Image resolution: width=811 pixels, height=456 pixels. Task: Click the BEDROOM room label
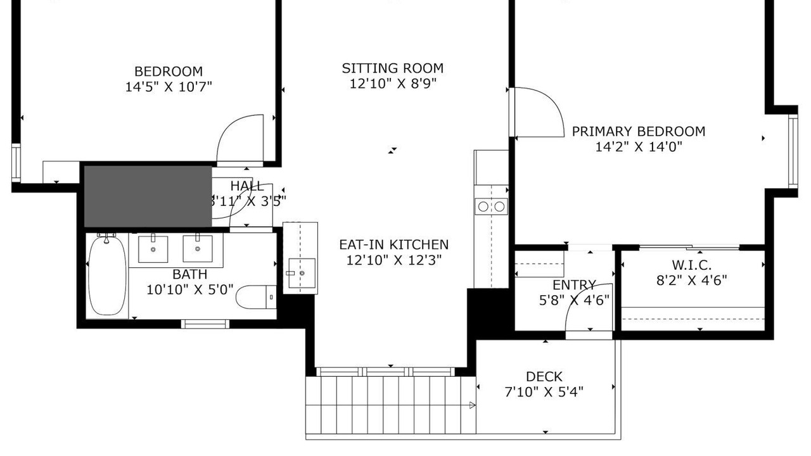(x=169, y=72)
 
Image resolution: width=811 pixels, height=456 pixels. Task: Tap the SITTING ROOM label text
(x=392, y=68)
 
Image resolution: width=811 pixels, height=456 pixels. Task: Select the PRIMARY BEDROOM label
(x=638, y=131)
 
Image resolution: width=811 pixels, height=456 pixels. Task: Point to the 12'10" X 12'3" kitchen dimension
(x=394, y=260)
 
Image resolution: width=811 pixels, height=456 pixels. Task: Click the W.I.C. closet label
(x=691, y=265)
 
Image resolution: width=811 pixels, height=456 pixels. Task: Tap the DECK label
(x=544, y=377)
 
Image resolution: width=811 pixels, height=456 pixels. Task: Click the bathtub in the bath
(x=107, y=275)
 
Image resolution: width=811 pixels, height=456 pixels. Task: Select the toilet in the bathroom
(x=256, y=297)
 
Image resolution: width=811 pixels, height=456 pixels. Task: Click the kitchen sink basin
(x=302, y=273)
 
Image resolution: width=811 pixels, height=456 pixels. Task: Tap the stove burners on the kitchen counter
(x=491, y=206)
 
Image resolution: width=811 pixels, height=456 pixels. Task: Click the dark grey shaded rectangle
(x=148, y=196)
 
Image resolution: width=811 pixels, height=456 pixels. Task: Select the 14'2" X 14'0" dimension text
(x=639, y=147)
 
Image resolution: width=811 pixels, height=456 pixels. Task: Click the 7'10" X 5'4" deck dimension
(x=544, y=392)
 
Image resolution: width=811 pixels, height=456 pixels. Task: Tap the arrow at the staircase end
(x=472, y=405)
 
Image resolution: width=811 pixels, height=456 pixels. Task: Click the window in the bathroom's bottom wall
(x=205, y=324)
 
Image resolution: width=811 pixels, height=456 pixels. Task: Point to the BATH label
(x=189, y=274)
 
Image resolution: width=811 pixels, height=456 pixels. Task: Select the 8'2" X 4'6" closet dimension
(x=691, y=281)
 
